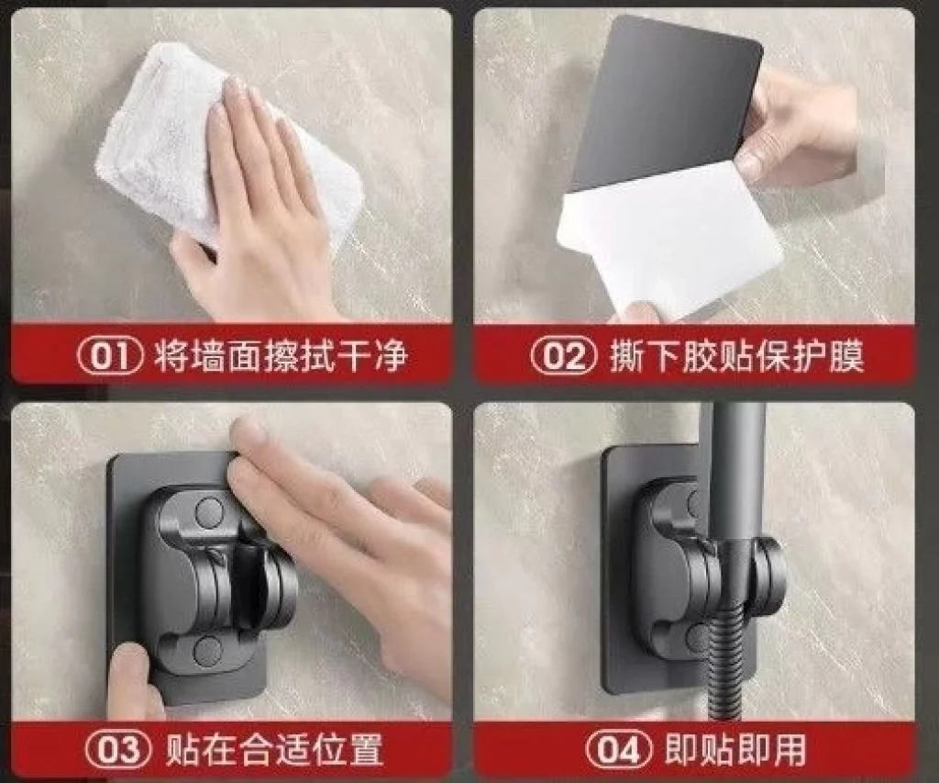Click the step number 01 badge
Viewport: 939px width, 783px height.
[111, 355]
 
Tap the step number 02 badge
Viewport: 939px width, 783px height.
[564, 355]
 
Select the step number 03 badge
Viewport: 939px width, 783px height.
[118, 749]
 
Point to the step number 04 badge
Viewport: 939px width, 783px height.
[619, 749]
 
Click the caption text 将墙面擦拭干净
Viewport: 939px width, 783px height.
[281, 355]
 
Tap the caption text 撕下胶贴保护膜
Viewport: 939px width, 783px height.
[737, 355]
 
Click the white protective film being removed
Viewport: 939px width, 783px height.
[670, 240]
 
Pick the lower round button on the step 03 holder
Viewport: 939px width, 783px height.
[208, 651]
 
